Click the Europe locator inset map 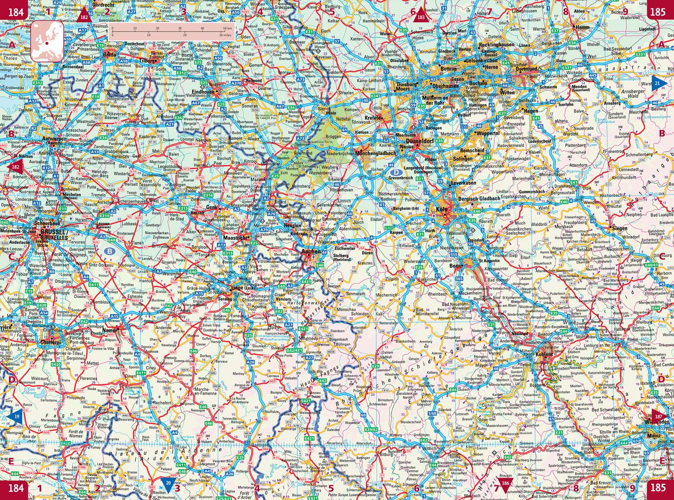pyautogui.click(x=46, y=41)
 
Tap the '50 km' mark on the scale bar pyautogui.click(x=223, y=28)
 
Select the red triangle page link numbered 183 pyautogui.click(x=421, y=15)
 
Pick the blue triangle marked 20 pyautogui.click(x=168, y=484)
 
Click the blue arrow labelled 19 pyautogui.click(x=14, y=417)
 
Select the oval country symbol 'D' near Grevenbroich pyautogui.click(x=396, y=172)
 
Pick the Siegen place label pyautogui.click(x=620, y=228)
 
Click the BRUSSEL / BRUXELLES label pyautogui.click(x=53, y=234)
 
